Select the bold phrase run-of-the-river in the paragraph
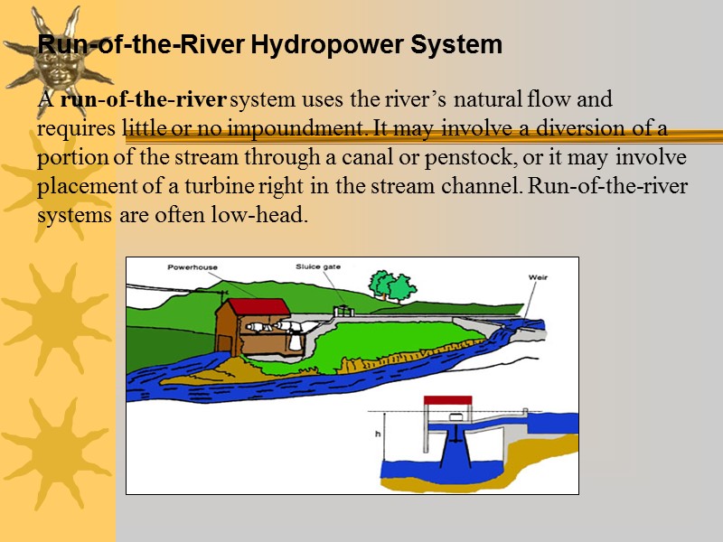point(144,98)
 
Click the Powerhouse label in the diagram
point(192,267)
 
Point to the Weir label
point(538,277)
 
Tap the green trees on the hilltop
point(390,285)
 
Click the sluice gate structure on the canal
point(343,312)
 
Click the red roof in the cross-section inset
point(447,400)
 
